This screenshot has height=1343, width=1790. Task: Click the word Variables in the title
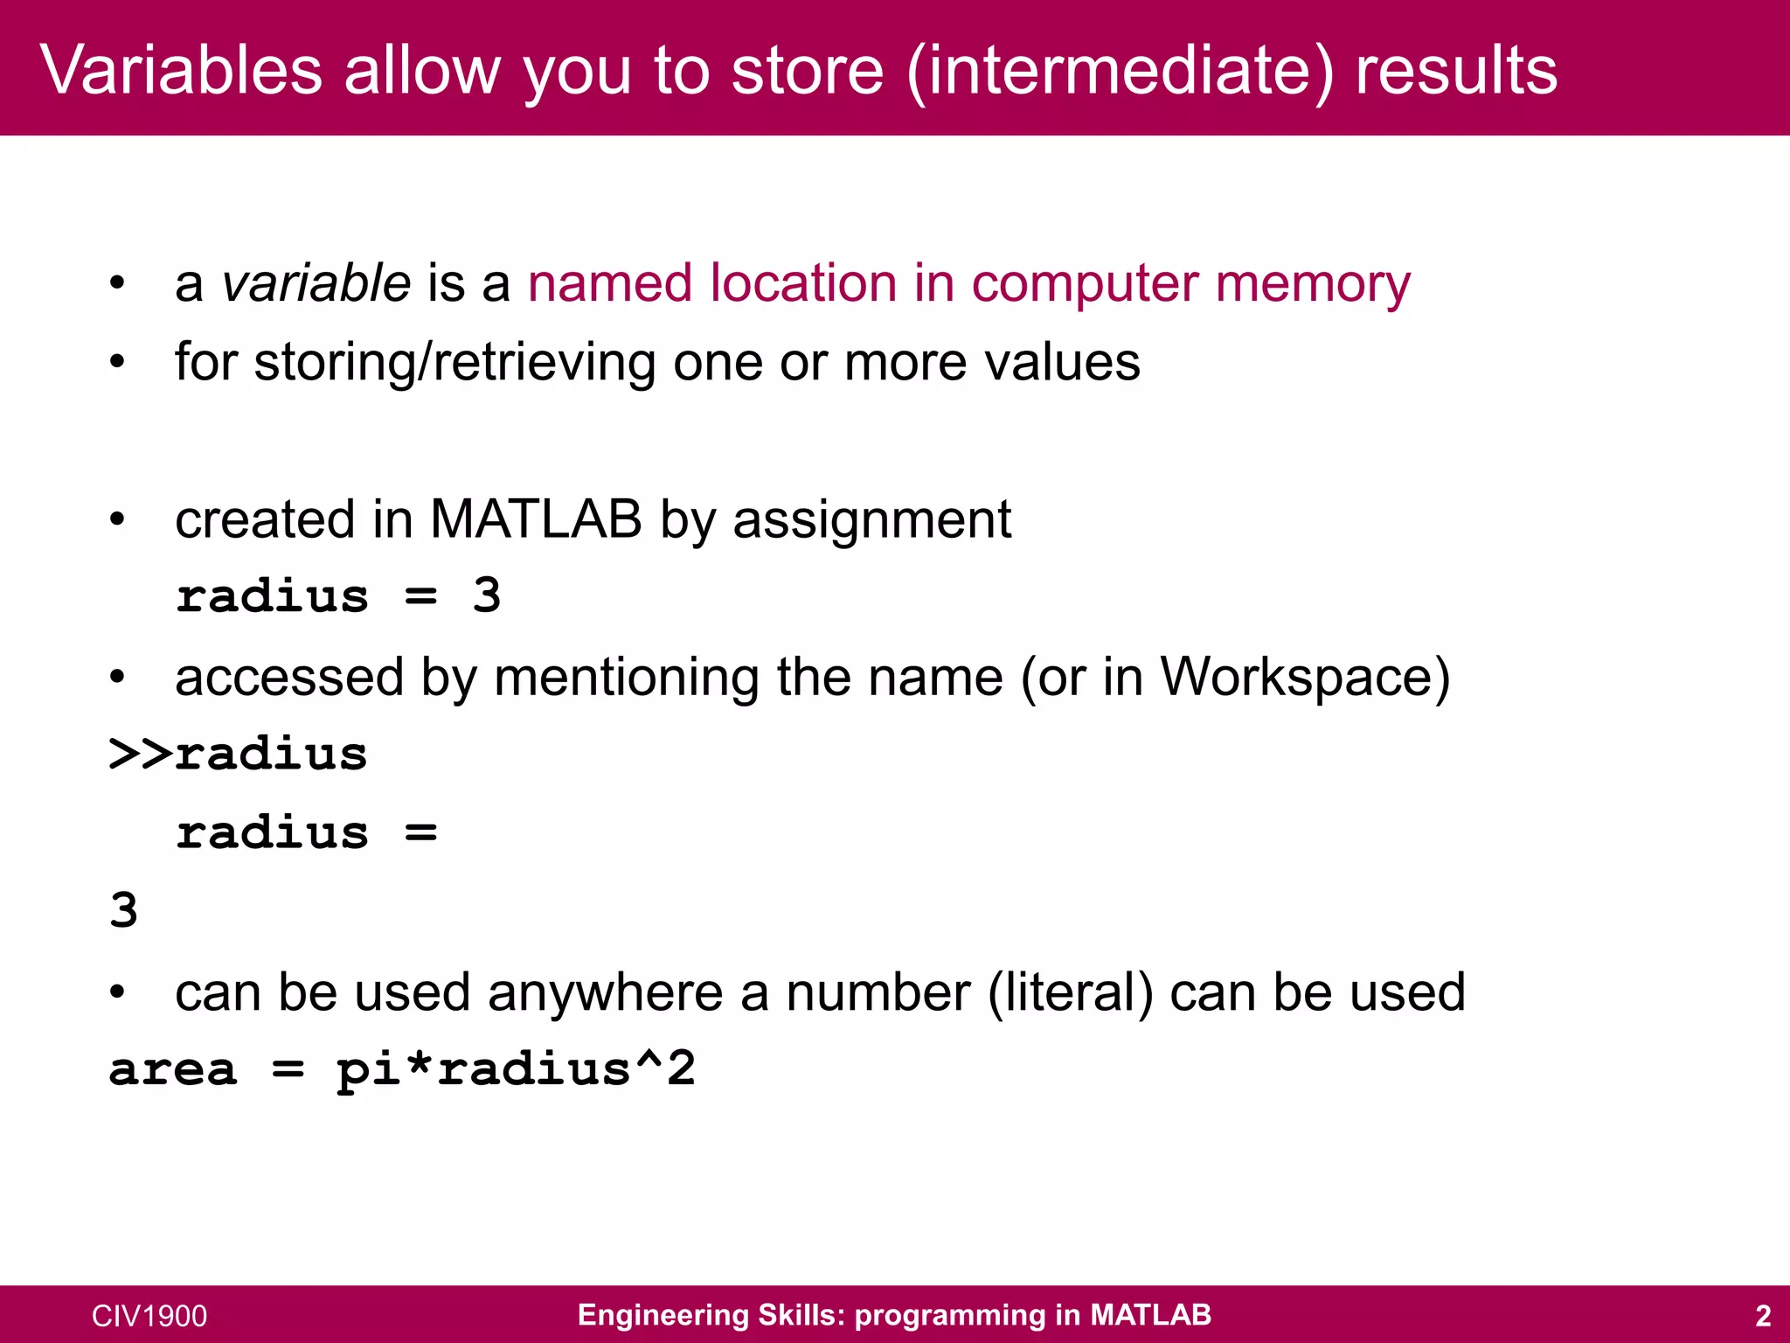click(181, 70)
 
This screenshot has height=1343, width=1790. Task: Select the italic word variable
click(316, 283)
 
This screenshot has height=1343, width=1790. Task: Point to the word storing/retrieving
click(454, 363)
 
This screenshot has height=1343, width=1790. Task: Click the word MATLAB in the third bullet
click(536, 519)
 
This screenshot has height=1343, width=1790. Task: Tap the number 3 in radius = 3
click(486, 596)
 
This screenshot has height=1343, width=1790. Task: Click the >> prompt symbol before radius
click(141, 755)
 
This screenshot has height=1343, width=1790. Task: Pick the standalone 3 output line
click(123, 911)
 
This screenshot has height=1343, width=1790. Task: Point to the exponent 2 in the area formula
click(681, 1068)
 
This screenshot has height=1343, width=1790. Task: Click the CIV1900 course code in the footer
click(149, 1316)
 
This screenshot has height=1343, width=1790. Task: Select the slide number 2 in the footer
click(1763, 1316)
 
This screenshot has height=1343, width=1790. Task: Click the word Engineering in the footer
click(662, 1316)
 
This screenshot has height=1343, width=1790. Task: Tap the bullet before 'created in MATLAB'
click(117, 520)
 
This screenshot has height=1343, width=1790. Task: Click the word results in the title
click(1456, 70)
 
